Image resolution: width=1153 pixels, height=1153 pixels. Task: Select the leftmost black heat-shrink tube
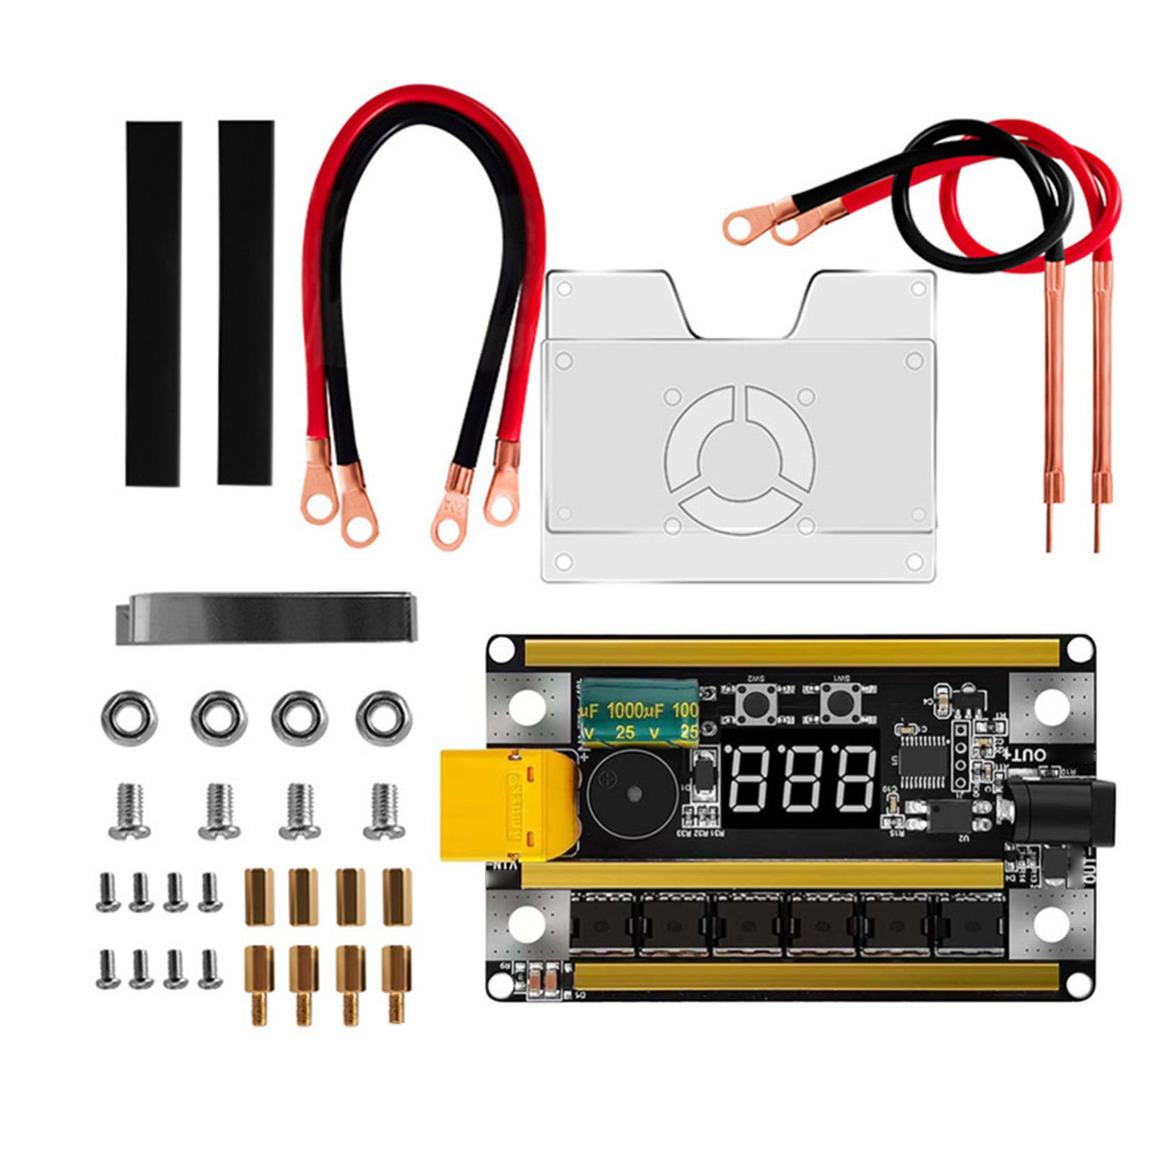pos(153,303)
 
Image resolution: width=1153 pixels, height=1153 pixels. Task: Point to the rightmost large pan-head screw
pos(384,811)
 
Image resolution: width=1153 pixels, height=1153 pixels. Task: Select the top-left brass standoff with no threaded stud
pos(259,896)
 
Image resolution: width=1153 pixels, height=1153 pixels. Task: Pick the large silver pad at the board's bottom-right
pos(1050,925)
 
